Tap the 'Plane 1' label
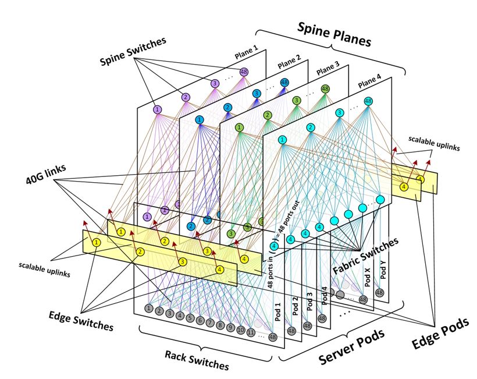247,54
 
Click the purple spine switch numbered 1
157,109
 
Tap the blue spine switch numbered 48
284,83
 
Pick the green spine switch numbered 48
325,89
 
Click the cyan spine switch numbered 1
282,140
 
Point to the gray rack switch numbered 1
149,308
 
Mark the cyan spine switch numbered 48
368,101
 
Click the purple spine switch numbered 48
243,72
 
